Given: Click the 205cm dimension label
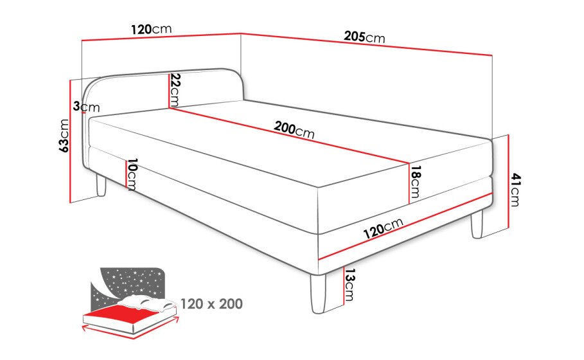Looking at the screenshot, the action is pyautogui.click(x=364, y=37).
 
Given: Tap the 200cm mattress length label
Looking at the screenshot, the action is pyautogui.click(x=294, y=130).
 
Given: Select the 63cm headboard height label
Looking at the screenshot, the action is pyautogui.click(x=64, y=136).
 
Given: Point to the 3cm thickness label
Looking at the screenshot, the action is pyautogui.click(x=86, y=107).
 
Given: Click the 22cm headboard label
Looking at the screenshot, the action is pyautogui.click(x=175, y=90).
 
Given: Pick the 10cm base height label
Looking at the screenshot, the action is pyautogui.click(x=132, y=174).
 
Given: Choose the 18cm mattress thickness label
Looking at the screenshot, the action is pyautogui.click(x=415, y=182).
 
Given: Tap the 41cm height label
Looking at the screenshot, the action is pyautogui.click(x=515, y=189).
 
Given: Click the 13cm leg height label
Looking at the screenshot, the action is pyautogui.click(x=350, y=285).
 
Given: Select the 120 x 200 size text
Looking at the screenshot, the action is pyautogui.click(x=211, y=304).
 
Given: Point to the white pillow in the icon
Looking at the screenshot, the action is pyautogui.click(x=147, y=303).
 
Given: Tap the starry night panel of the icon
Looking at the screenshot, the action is pyautogui.click(x=128, y=283).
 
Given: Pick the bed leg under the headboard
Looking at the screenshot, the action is pyautogui.click(x=101, y=185).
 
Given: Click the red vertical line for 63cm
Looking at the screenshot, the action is pyautogui.click(x=70, y=141).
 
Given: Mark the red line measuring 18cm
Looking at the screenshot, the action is pyautogui.click(x=409, y=183).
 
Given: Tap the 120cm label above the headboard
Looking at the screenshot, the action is pyautogui.click(x=151, y=29).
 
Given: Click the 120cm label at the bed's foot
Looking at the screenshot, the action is pyautogui.click(x=384, y=228).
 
